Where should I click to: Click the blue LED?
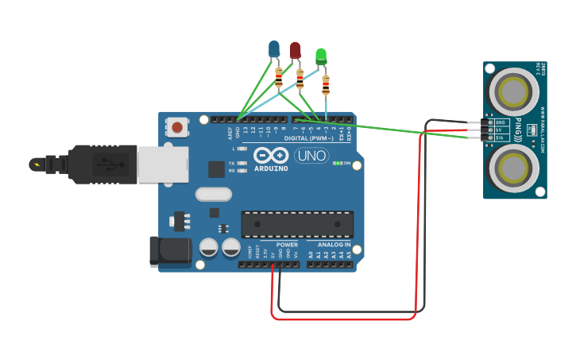(x=274, y=49)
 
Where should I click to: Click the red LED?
(x=296, y=51)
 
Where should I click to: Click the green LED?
(x=321, y=56)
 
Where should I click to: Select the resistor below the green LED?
(x=326, y=83)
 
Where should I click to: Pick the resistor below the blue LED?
(x=279, y=77)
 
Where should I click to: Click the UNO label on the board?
(x=311, y=156)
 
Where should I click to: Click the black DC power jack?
(x=170, y=250)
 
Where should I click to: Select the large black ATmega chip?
(x=297, y=224)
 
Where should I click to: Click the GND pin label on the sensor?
(x=501, y=122)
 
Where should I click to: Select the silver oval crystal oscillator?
(x=213, y=194)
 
